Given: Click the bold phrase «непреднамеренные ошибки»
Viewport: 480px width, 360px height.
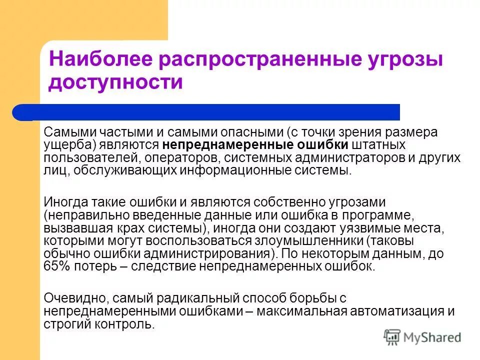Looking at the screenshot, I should pos(255,145).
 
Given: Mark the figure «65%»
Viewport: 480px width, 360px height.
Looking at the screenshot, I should pos(57,265).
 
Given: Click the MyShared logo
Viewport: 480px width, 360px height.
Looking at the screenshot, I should pos(422,337).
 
